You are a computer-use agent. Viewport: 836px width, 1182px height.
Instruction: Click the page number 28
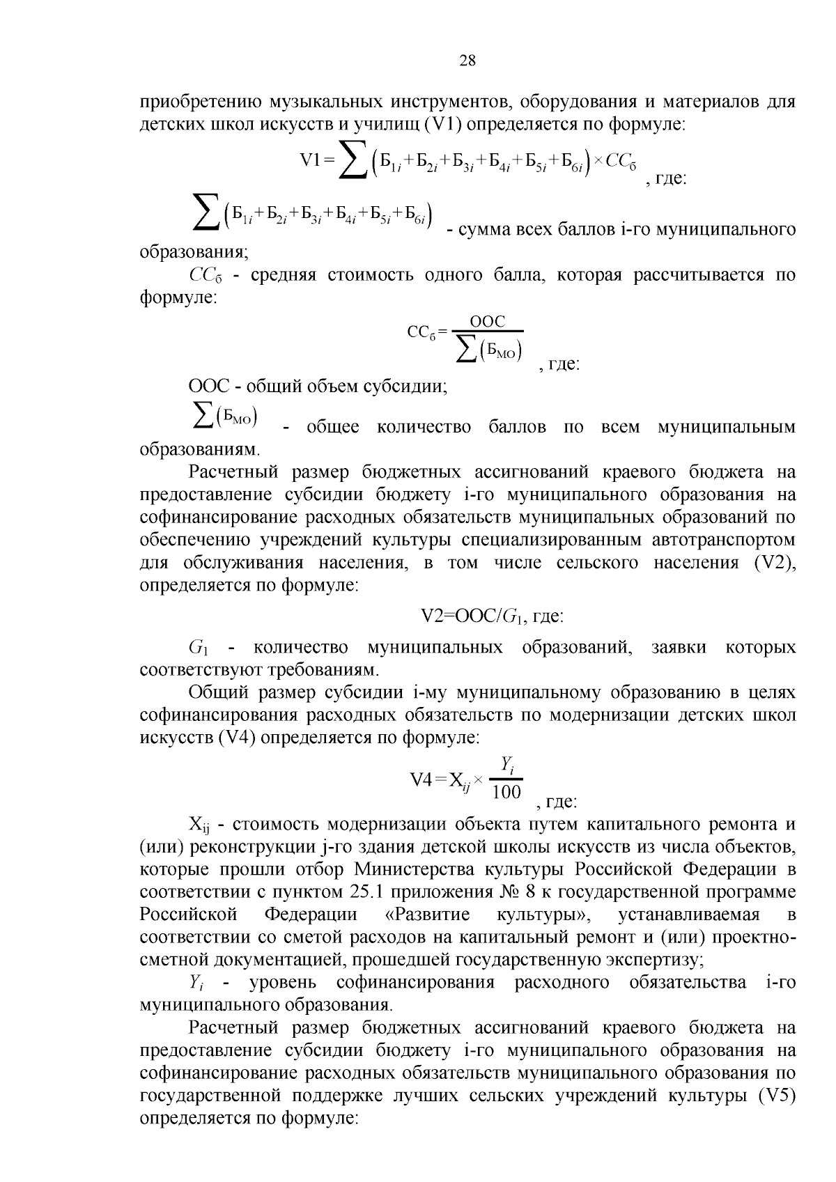(x=467, y=61)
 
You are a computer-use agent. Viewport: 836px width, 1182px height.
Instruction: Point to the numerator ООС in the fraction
(x=488, y=322)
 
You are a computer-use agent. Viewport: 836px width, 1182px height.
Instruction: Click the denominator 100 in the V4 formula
(x=506, y=791)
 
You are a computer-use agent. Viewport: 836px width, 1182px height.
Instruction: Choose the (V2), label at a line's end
(x=775, y=563)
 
